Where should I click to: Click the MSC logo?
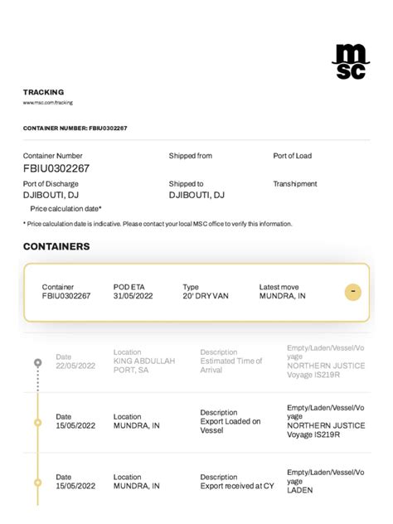point(350,61)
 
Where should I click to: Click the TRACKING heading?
point(43,92)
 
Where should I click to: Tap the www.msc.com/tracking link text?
point(48,103)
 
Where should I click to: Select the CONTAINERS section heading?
point(56,246)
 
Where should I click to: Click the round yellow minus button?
point(352,292)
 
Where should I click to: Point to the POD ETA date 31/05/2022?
point(133,296)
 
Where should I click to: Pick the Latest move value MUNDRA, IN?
point(282,296)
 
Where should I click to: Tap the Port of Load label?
point(293,156)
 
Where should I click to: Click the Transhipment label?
point(295,184)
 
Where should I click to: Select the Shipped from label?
point(191,156)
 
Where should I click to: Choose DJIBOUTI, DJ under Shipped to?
point(196,195)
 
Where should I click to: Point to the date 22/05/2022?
point(75,366)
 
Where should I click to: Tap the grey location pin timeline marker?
point(37,363)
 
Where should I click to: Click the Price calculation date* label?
point(65,209)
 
